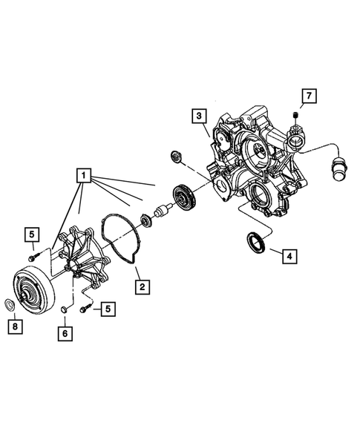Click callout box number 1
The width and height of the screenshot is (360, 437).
83,177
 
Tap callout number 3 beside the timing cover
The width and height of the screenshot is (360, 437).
198,116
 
